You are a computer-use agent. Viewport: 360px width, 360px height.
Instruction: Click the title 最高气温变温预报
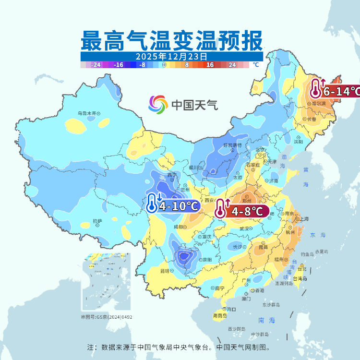pos(172,41)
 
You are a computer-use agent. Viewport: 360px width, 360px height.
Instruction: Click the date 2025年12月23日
pos(171,56)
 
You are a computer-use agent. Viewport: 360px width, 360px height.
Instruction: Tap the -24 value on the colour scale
pos(96,64)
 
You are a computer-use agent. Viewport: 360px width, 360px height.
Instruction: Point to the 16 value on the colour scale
pos(209,64)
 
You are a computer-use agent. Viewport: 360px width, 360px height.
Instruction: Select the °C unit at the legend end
pos(256,64)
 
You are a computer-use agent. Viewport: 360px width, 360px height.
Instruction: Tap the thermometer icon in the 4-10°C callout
pos(152,203)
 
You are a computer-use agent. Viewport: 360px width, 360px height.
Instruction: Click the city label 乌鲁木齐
pos(87,113)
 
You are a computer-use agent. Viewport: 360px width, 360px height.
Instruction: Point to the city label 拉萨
pos(97,221)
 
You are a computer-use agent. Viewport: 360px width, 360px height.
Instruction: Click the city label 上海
pos(303,219)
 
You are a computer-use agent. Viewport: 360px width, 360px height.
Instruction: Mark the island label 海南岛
pos(221,316)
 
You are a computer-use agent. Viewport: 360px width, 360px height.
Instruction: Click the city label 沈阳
pos(299,142)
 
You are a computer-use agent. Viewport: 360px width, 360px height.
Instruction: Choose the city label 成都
pos(178,226)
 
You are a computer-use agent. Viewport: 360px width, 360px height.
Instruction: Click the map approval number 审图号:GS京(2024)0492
pos(107,317)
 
